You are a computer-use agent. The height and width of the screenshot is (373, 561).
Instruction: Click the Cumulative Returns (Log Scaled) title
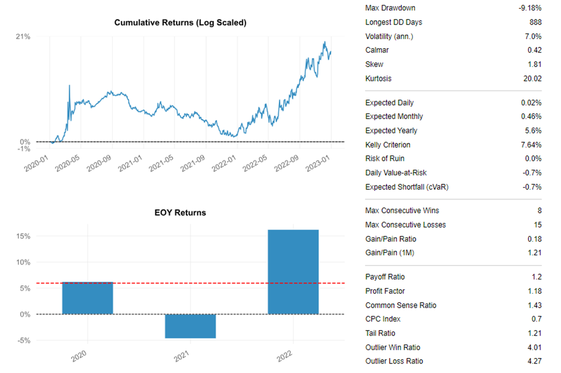pos(180,23)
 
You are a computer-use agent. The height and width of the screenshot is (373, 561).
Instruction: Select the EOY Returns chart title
pos(180,213)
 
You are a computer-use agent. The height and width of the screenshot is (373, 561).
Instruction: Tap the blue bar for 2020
pos(88,298)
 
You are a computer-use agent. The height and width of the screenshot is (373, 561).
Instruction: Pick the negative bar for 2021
pos(190,326)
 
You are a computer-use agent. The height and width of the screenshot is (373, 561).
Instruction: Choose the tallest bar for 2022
pos(293,272)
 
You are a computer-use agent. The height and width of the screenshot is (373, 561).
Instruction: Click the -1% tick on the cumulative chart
pos(23,149)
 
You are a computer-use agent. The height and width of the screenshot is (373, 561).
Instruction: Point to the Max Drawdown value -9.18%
pos(530,8)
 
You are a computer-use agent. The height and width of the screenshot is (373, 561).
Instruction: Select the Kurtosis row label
pos(378,79)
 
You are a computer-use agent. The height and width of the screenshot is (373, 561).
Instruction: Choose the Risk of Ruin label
pos(384,159)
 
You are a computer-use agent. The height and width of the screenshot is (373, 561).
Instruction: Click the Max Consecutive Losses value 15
pos(537,225)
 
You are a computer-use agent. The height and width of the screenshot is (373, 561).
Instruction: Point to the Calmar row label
pos(377,50)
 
